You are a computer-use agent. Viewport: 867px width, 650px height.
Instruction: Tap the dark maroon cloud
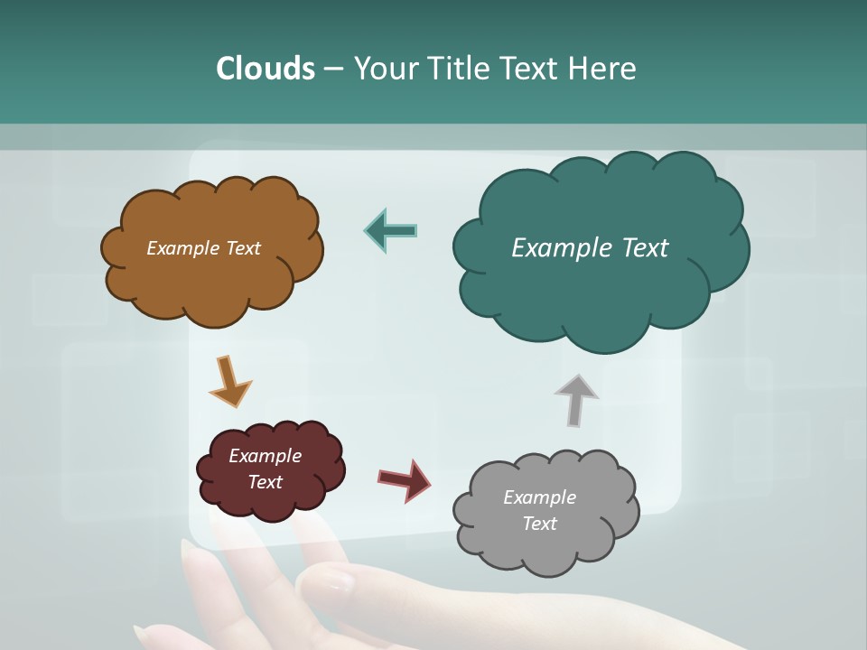271,501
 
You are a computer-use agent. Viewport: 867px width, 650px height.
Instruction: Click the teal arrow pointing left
391,230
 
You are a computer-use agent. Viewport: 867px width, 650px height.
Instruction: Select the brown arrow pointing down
229,380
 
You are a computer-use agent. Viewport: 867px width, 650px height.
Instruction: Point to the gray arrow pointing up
575,398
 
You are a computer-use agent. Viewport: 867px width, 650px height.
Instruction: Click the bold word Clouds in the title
266,69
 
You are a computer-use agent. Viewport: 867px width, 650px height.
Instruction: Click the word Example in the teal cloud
555,248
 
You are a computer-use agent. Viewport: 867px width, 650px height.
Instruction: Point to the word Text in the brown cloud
240,248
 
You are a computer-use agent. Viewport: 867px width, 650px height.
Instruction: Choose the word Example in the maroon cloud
265,456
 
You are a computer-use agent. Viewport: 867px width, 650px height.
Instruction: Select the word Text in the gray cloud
539,524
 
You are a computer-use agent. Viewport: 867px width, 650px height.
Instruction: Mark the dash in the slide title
333,70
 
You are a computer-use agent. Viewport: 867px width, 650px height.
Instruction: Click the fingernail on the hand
336,580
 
